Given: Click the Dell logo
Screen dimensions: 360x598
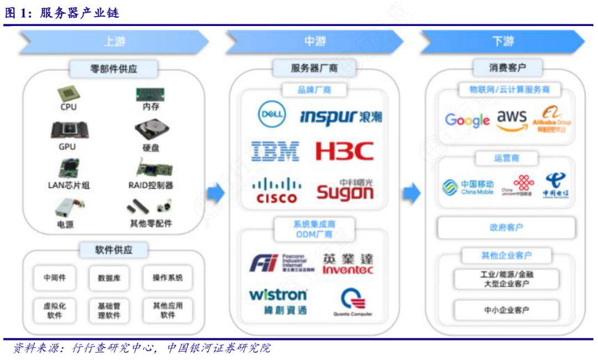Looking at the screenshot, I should click(272, 115).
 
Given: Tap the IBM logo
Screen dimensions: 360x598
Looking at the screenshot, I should click(275, 151).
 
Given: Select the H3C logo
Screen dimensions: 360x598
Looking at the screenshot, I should click(344, 151).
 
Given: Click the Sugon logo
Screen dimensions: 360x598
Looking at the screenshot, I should click(345, 189).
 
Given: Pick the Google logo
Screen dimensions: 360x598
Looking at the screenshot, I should click(467, 120).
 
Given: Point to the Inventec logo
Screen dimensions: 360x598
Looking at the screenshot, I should click(348, 264).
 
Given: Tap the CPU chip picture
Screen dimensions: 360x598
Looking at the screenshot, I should click(69, 94).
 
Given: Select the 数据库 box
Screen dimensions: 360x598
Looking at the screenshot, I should click(109, 278).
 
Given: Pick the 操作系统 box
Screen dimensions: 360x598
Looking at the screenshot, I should click(168, 278).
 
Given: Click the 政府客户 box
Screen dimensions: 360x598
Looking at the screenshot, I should click(506, 228).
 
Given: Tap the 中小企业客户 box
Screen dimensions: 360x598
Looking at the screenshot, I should click(506, 310).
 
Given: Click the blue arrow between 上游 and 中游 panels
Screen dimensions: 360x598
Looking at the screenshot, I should click(216, 193).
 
